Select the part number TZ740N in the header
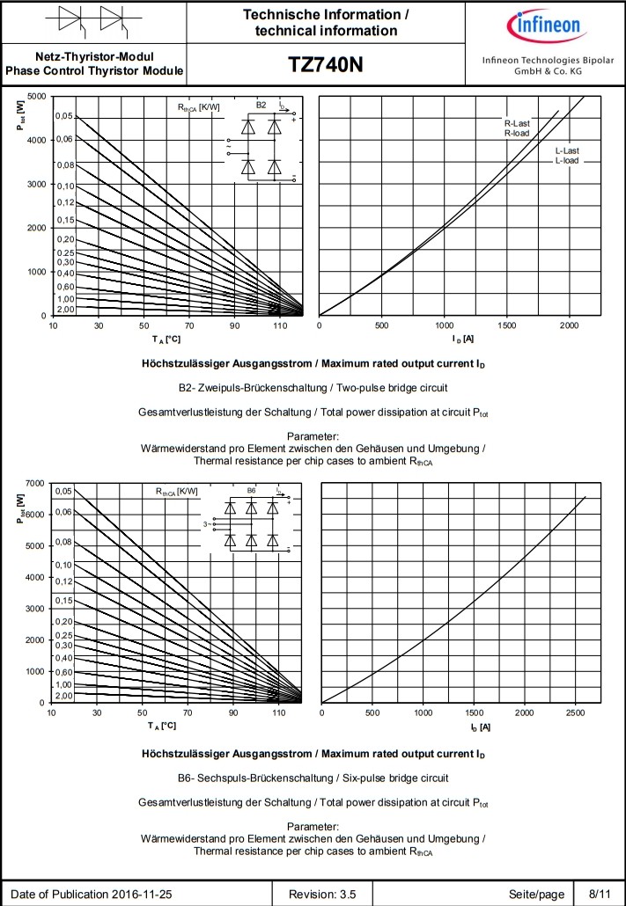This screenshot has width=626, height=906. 326,65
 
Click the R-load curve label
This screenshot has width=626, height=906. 517,134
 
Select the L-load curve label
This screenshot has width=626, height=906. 567,161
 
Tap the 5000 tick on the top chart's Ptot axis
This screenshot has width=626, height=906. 36,96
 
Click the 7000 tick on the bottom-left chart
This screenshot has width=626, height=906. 36,483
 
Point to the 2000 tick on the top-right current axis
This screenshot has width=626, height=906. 570,325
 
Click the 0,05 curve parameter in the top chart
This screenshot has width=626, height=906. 64,116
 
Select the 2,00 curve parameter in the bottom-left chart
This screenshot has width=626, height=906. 64,696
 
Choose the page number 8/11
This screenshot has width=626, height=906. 599,895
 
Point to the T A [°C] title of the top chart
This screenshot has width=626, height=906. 165,339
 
